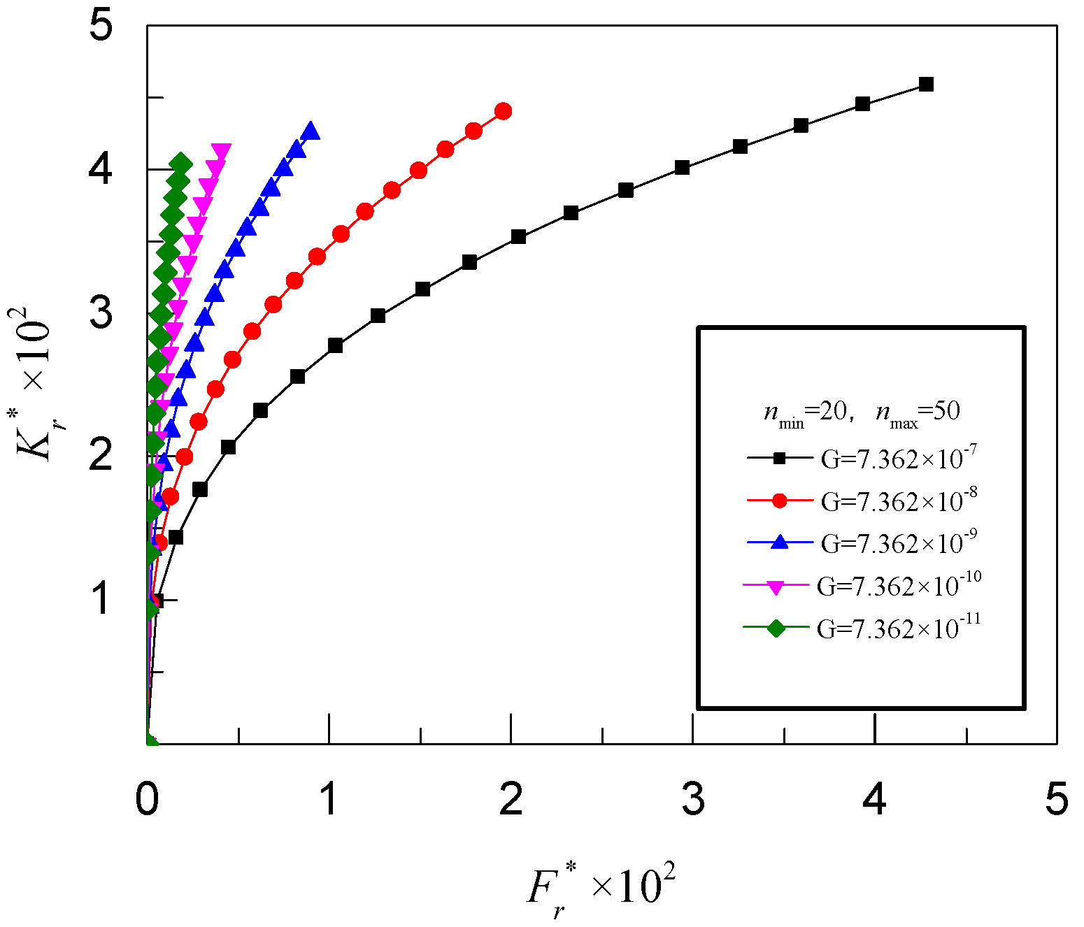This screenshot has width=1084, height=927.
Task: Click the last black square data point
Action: (926, 85)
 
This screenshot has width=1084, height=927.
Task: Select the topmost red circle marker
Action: (503, 111)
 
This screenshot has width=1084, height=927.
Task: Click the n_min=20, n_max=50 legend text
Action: (862, 412)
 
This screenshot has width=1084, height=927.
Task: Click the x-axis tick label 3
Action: (693, 798)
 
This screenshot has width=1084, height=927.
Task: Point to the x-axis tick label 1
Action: (329, 798)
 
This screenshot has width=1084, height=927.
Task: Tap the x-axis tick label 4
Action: (875, 798)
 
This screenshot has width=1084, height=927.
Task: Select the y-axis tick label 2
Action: (101, 456)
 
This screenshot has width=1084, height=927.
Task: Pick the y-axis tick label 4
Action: (101, 169)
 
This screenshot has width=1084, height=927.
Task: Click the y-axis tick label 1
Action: (101, 599)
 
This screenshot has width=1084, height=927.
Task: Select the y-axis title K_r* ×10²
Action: (35, 384)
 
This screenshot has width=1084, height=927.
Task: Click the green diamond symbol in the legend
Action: (776, 628)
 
